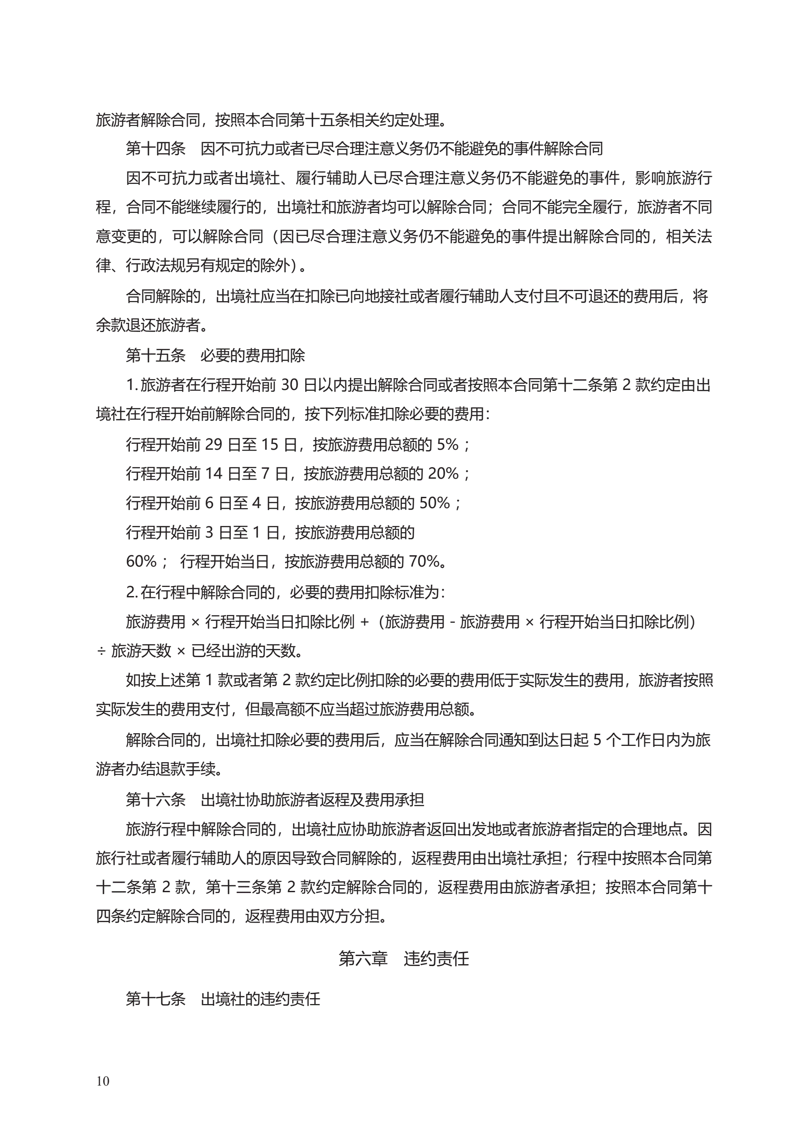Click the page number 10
pos(103,1081)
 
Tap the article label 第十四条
pos(155,149)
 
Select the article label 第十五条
pos(155,355)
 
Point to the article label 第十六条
pos(155,800)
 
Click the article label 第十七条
pos(155,999)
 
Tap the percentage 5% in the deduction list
pos(447,444)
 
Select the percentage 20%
pos(443,473)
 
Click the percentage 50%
pos(435,503)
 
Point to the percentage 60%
pos(142,562)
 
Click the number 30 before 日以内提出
pos(289,385)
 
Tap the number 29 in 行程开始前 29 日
pos(213,444)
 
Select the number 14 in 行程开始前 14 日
pos(213,473)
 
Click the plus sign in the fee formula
pos(365,621)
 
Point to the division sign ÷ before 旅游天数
pos(101,651)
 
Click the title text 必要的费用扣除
pos(253,355)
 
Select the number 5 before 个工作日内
pos(597,740)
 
